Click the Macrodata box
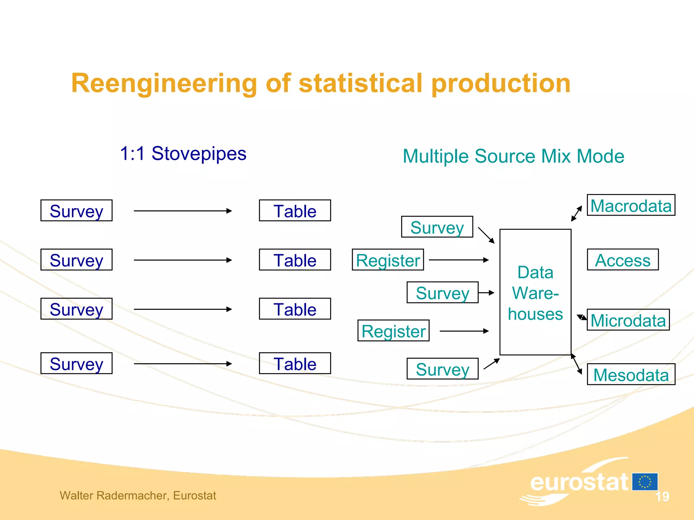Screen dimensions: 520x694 (631, 205)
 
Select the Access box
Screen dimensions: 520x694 (622, 260)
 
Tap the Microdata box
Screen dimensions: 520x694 (628, 320)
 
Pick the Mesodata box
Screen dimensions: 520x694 (631, 374)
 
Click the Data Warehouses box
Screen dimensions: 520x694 (535, 292)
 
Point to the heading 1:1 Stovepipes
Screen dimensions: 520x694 (183, 154)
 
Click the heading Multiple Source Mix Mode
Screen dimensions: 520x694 (513, 156)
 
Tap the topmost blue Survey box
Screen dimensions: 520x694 (76, 211)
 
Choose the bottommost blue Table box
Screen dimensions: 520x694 (295, 363)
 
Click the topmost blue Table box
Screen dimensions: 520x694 (295, 211)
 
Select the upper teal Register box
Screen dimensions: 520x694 (388, 260)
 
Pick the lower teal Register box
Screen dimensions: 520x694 (393, 330)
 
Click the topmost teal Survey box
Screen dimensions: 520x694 (437, 227)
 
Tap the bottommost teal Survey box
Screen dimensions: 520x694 (442, 369)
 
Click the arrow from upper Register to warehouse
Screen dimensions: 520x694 (458, 260)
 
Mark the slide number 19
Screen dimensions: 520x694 (662, 497)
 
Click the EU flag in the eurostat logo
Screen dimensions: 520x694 (645, 482)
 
